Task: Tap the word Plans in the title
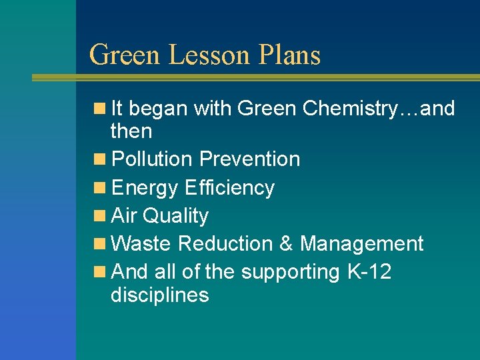291,55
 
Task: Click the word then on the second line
131,131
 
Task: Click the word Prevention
250,159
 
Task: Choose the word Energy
145,188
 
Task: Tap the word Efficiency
229,188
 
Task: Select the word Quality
176,216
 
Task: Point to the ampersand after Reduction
287,244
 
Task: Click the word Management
361,244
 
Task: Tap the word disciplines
160,295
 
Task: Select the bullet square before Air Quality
99,216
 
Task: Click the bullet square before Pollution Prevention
99,159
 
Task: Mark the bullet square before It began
99,108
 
